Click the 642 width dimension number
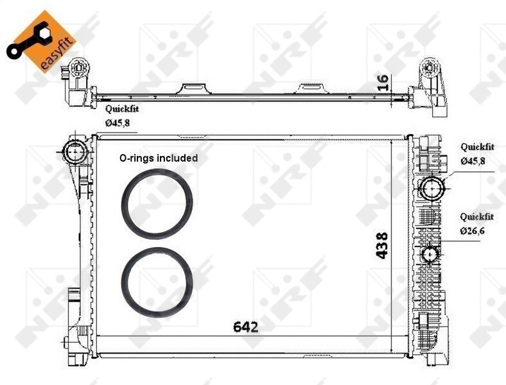pyautogui.click(x=245, y=327)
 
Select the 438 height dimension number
pyautogui.click(x=383, y=245)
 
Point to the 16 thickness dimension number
pyautogui.click(x=383, y=81)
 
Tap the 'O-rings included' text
pyautogui.click(x=158, y=157)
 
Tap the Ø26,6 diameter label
pyautogui.click(x=472, y=230)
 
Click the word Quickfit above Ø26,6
pyautogui.click(x=476, y=217)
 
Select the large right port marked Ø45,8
pyautogui.click(x=431, y=189)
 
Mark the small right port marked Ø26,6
pyautogui.click(x=430, y=255)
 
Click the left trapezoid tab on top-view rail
pyautogui.click(x=192, y=87)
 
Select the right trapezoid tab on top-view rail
pyautogui.click(x=313, y=88)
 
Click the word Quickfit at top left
pyautogui.click(x=122, y=109)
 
